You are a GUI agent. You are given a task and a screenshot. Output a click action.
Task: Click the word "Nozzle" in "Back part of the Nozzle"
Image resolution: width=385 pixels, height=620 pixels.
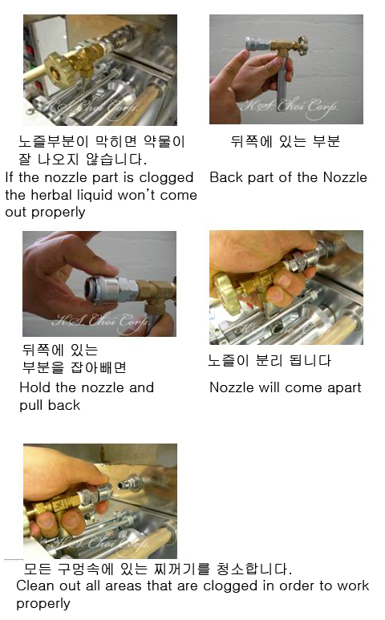pos(345,177)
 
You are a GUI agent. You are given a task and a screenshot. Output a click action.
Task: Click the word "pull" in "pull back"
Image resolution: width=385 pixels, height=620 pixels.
pos(30,406)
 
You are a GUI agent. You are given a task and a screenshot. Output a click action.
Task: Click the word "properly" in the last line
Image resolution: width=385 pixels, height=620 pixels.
pos(43,604)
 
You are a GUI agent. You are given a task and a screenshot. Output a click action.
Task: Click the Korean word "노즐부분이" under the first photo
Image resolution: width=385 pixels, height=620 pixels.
pos(53,141)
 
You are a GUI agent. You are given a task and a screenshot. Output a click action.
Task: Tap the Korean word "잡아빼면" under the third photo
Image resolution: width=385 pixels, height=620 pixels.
pos(98,367)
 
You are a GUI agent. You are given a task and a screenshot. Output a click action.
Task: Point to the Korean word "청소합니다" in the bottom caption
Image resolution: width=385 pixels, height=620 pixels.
pos(253,569)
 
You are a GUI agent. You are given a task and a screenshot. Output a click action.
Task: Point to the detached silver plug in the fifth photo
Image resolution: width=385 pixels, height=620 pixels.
pos(132,484)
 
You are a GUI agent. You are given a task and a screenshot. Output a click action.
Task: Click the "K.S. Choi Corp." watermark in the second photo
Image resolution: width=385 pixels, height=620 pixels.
pos(290,107)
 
